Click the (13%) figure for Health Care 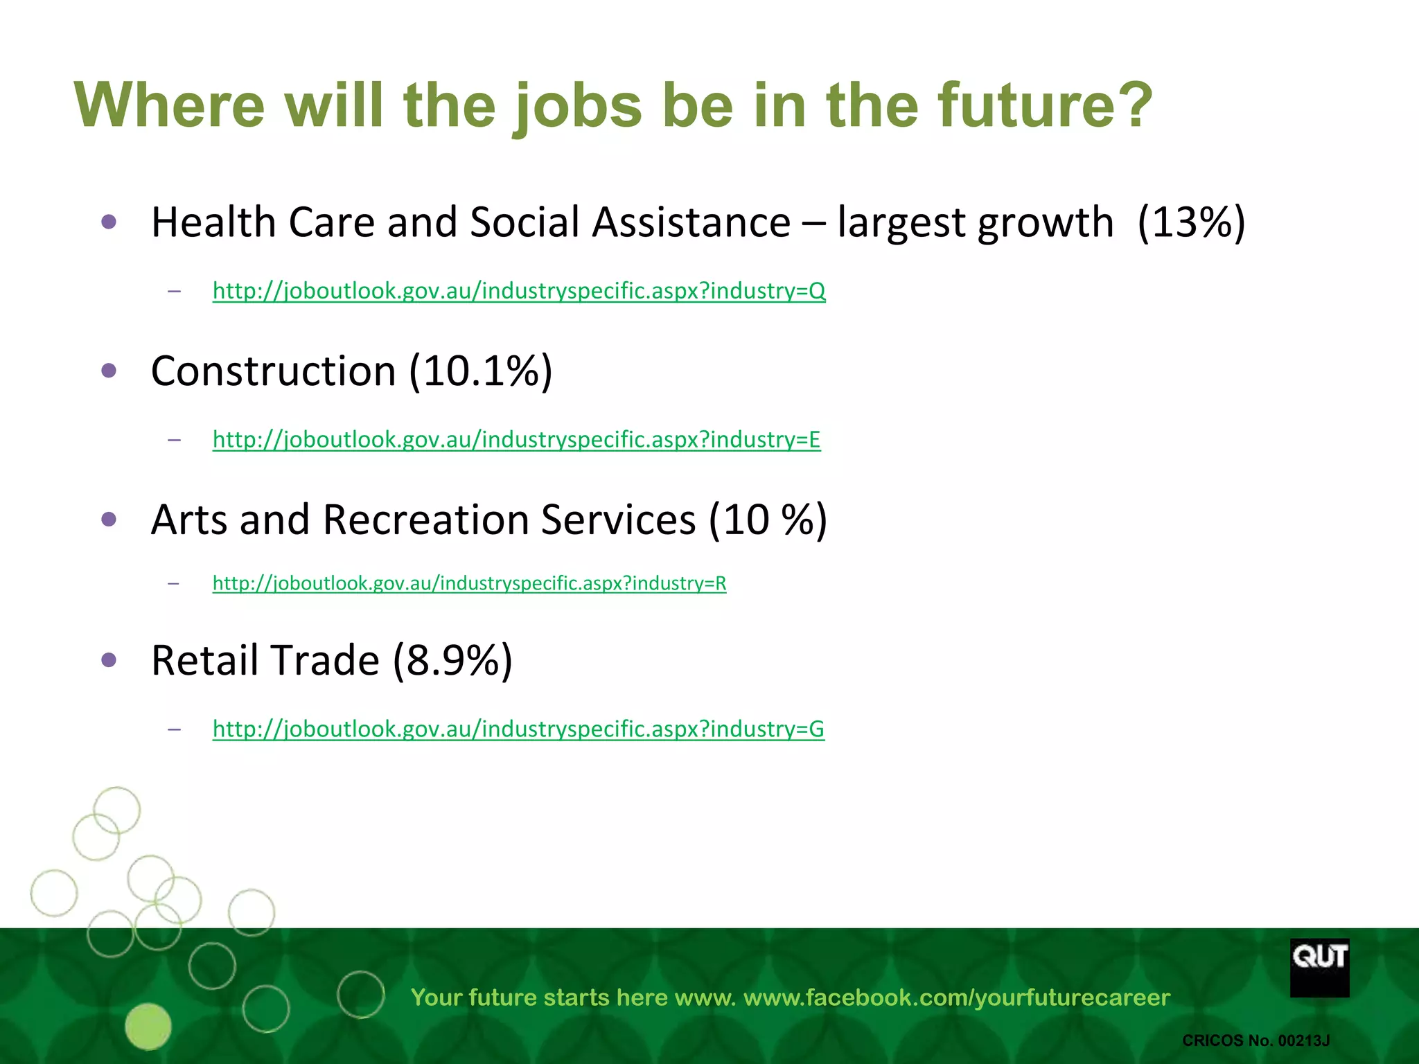coord(1191,222)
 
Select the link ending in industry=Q coord(519,290)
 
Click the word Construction coord(273,371)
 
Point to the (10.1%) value coord(480,371)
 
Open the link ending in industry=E coord(516,439)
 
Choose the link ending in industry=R coord(469,583)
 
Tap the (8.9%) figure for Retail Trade coord(452,659)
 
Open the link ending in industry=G coord(518,729)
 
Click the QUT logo coord(1319,967)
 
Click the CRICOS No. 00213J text coord(1255,1040)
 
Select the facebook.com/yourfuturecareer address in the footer coord(956,997)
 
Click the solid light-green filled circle coord(148,1026)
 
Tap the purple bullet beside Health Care coord(109,222)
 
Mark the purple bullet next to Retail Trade coord(109,659)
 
